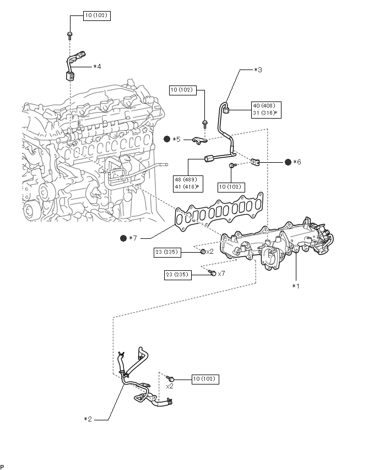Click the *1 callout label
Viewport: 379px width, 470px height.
295,286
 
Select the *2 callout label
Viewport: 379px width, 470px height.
88,419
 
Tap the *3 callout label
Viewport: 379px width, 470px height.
258,70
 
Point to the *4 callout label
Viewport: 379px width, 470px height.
97,66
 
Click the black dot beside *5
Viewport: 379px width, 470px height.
167,139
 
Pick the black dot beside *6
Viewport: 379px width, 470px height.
288,162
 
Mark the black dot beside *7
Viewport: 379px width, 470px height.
123,238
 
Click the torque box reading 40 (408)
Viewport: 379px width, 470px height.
266,110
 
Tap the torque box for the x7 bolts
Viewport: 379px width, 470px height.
177,275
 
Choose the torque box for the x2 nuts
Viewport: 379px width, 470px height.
167,252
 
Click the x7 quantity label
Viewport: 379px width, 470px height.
221,274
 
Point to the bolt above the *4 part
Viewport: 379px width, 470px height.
69,35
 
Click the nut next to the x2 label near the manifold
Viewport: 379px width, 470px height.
202,252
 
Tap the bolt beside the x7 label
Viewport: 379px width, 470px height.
212,273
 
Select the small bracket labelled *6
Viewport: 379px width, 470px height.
255,162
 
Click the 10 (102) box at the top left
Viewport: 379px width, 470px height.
97,15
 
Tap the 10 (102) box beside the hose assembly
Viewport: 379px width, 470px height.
205,379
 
